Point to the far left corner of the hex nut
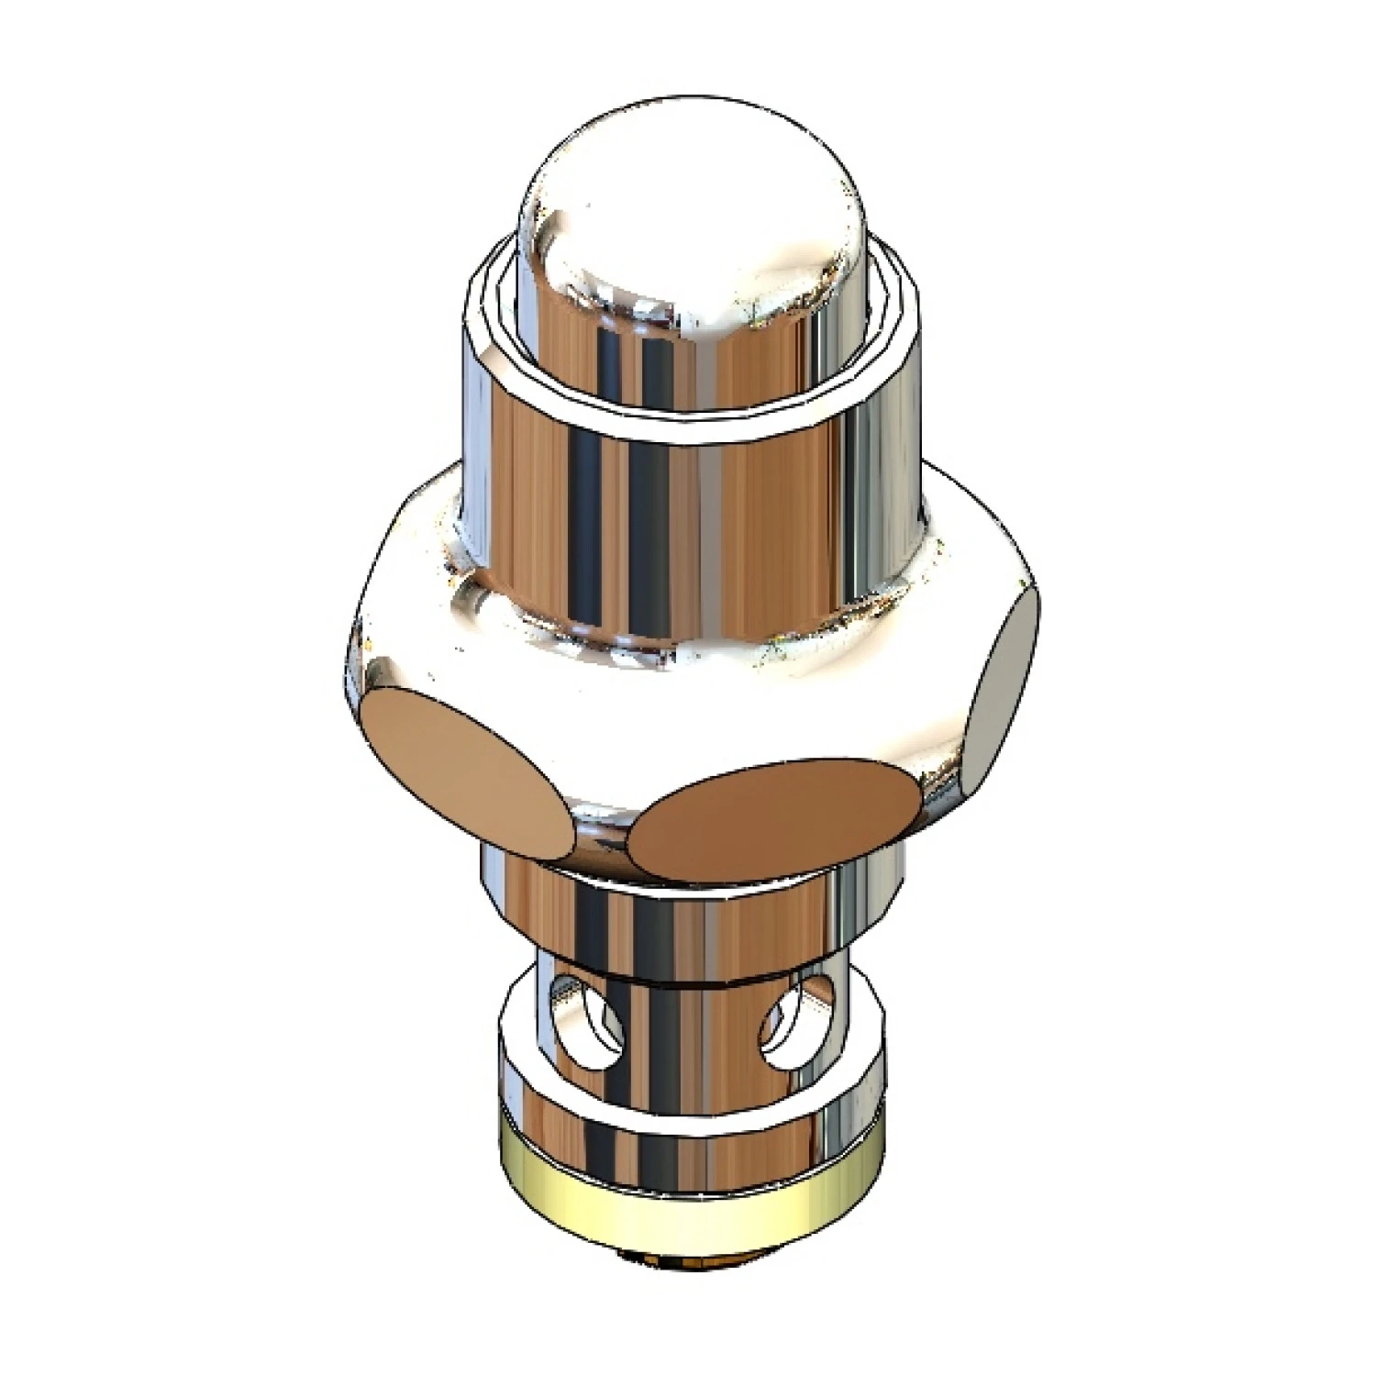(x=353, y=651)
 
